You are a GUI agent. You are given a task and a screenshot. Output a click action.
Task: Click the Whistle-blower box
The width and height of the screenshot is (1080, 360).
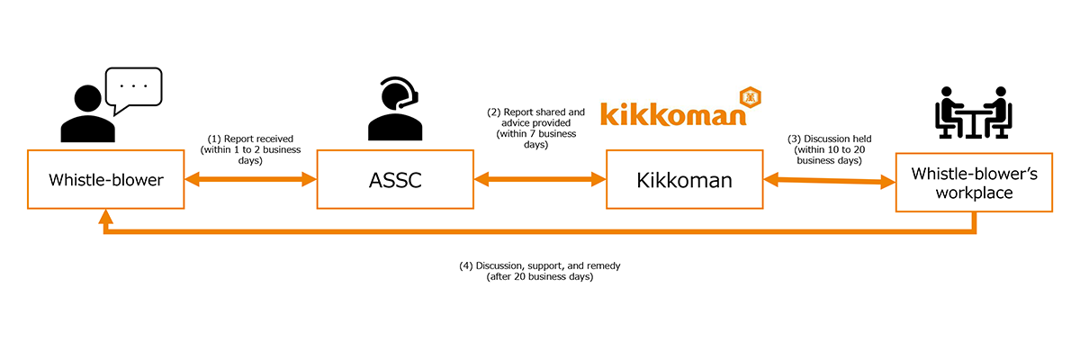tap(105, 181)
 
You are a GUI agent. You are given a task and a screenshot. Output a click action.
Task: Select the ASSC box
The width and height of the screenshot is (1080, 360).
tap(395, 181)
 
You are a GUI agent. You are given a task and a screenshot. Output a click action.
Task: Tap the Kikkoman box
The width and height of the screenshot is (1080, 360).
tap(684, 181)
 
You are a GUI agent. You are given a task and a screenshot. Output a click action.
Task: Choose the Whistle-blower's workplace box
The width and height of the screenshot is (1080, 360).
tap(975, 181)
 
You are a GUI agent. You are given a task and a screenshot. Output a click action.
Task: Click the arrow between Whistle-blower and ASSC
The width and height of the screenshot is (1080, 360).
tap(250, 181)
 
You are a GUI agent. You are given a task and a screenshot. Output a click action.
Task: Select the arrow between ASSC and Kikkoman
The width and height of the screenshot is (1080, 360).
tap(540, 181)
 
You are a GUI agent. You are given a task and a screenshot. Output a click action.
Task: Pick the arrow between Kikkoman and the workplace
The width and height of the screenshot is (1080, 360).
tap(829, 182)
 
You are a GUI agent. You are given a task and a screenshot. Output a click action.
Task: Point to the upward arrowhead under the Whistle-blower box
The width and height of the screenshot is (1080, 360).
tap(106, 217)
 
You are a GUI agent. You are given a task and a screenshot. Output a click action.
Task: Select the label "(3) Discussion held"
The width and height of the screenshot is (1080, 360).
tap(829, 139)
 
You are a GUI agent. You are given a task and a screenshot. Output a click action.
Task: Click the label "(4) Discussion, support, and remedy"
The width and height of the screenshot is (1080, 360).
tap(540, 266)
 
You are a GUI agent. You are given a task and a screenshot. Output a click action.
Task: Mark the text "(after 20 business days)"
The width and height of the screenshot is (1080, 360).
tap(540, 277)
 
